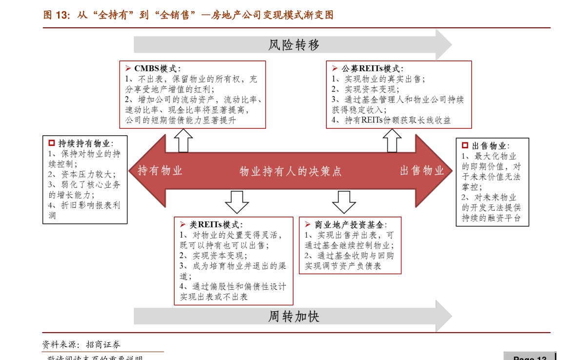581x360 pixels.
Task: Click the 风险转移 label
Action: (x=294, y=45)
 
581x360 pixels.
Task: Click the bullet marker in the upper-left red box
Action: (x=128, y=68)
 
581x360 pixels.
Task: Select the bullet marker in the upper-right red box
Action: (x=335, y=68)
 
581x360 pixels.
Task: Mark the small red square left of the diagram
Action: (x=52, y=143)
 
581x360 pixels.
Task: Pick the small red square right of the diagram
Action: (x=465, y=145)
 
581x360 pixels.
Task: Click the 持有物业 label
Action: (x=160, y=171)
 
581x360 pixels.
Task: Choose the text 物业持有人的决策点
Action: (x=291, y=171)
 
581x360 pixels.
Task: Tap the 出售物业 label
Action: (x=422, y=171)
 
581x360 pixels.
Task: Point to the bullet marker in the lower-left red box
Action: (x=182, y=224)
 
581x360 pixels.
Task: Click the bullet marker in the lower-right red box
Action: (x=307, y=224)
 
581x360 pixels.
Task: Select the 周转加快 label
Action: (x=294, y=317)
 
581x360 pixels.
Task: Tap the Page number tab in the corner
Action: (x=529, y=357)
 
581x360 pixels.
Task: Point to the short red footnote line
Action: (x=103, y=351)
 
